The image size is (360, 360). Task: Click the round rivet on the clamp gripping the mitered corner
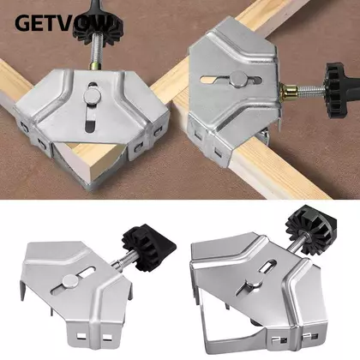point(92,95)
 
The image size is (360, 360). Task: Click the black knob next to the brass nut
point(340,91)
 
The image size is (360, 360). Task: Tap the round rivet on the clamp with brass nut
point(238,78)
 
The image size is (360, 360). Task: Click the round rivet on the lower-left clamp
point(69,281)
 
